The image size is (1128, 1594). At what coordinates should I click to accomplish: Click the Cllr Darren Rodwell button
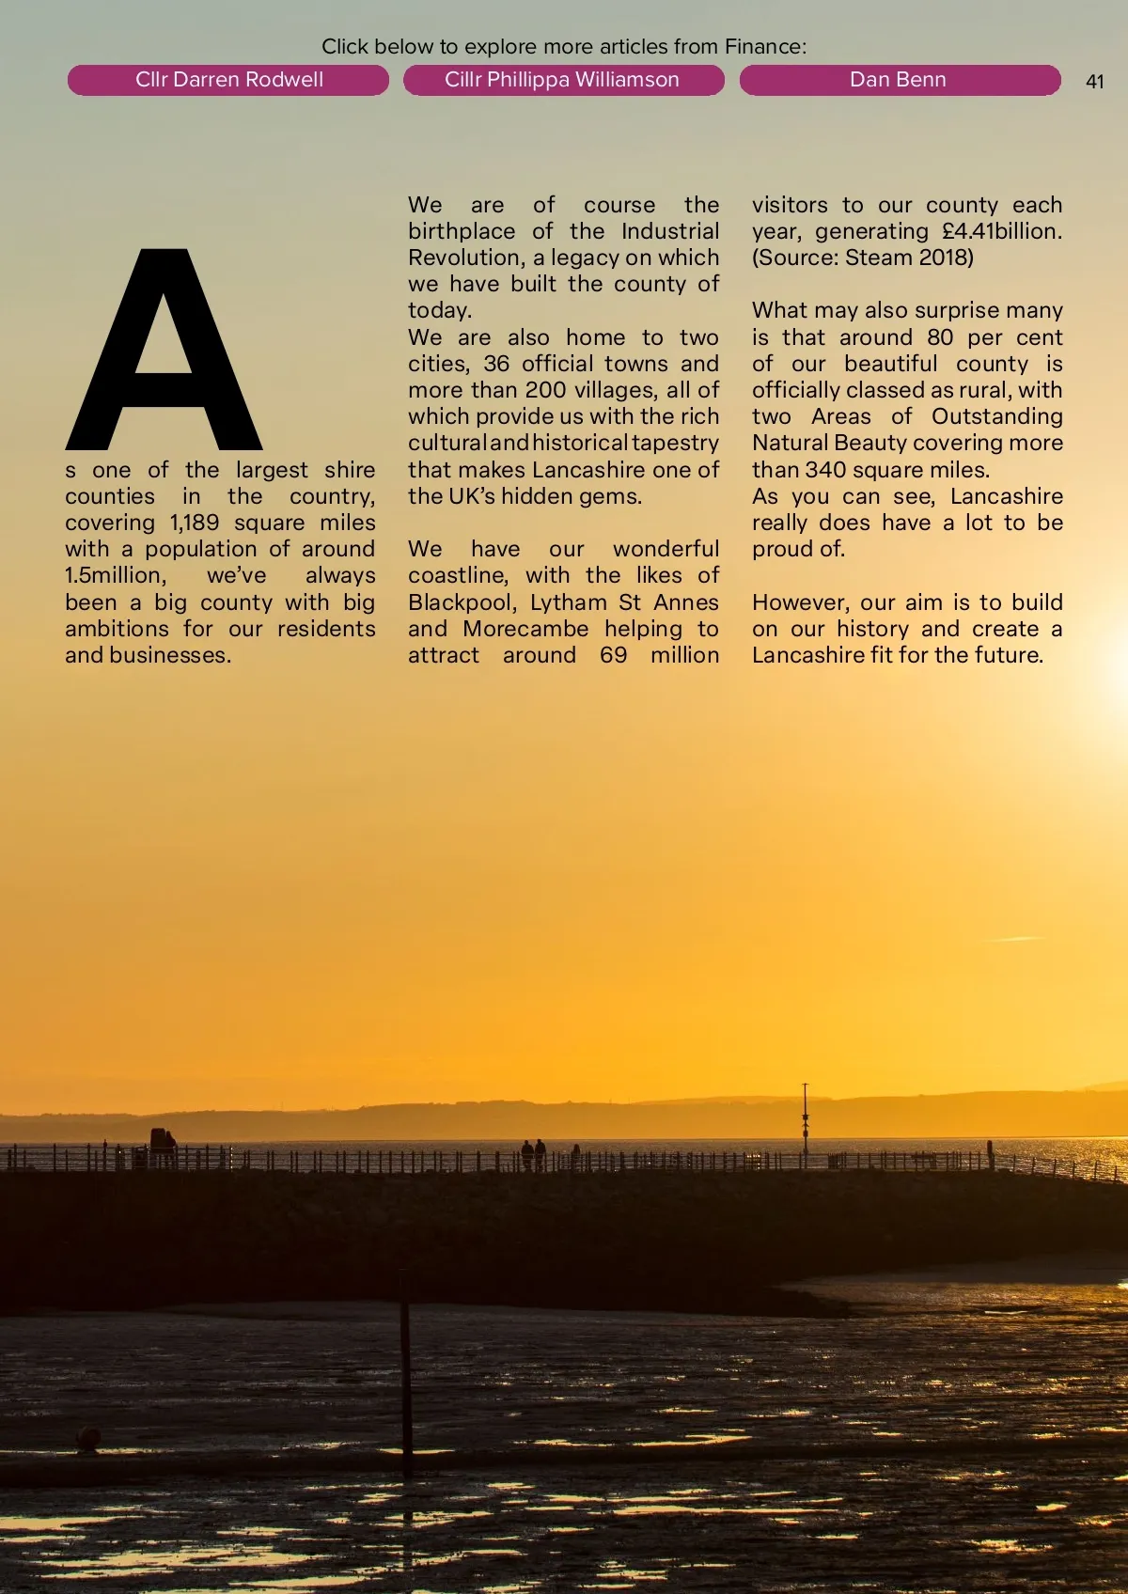[228, 80]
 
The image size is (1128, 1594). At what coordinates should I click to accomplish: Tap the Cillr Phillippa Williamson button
[562, 80]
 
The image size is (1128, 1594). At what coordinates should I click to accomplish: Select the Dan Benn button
[898, 80]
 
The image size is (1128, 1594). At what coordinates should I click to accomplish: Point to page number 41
[1094, 82]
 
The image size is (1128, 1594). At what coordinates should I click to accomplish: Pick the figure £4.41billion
[1002, 231]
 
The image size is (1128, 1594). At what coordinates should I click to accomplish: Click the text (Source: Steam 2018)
[863, 258]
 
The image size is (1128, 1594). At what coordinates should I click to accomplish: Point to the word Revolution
[466, 258]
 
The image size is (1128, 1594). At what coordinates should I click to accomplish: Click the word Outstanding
[997, 416]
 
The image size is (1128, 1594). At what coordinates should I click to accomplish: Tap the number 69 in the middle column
[614, 655]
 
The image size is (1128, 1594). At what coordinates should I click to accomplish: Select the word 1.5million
[116, 575]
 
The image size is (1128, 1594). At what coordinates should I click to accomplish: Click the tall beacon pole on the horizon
[805, 1123]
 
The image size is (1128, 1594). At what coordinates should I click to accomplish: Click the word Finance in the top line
[762, 46]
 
